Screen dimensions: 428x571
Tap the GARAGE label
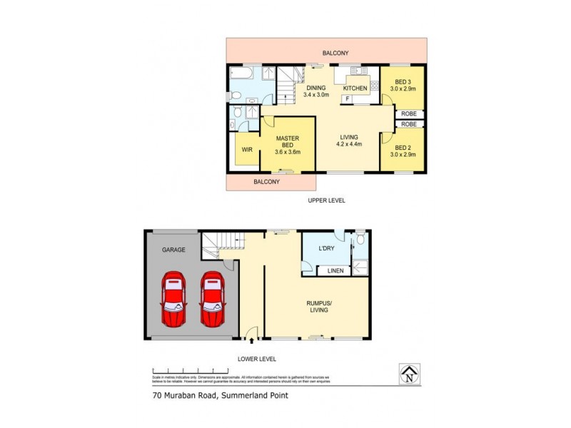click(x=173, y=250)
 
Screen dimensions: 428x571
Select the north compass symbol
click(x=409, y=374)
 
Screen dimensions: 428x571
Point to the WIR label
click(x=247, y=150)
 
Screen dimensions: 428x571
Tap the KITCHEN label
click(x=355, y=88)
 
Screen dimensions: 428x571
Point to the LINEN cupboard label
click(x=335, y=271)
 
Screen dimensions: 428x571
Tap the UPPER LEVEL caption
click(x=326, y=201)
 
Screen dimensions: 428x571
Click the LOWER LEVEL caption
click(x=257, y=359)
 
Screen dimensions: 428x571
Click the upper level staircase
click(x=286, y=86)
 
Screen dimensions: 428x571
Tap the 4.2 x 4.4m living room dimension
click(x=349, y=144)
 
